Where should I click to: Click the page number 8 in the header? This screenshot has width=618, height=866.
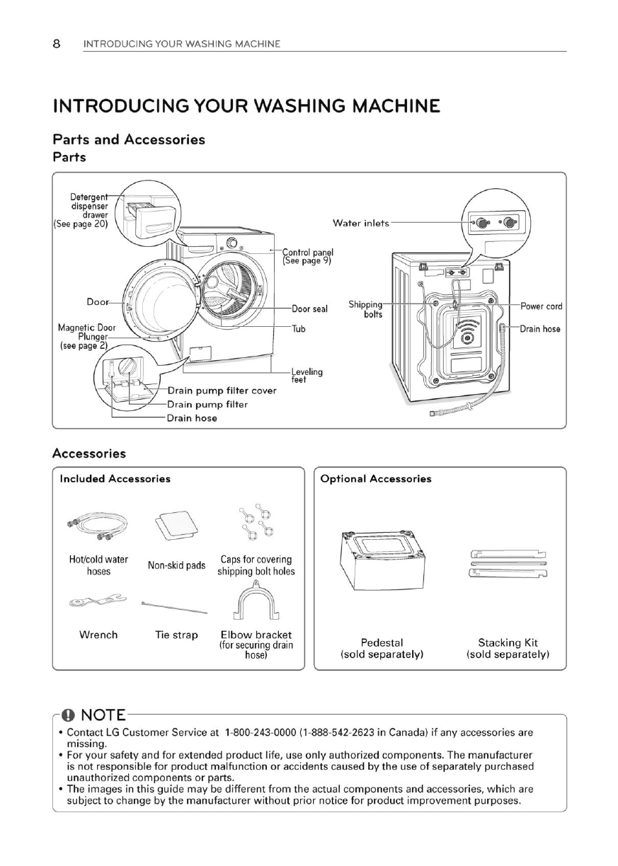click(x=57, y=44)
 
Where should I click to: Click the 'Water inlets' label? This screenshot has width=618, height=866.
click(x=361, y=224)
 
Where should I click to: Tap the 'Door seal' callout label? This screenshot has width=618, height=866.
click(x=309, y=309)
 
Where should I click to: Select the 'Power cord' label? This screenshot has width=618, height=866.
click(x=542, y=306)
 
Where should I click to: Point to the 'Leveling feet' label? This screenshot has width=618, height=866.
click(x=307, y=375)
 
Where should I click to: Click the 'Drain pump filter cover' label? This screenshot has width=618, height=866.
click(x=222, y=391)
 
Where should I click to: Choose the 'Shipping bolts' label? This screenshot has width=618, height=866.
click(x=366, y=309)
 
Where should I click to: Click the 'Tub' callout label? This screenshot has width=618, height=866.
click(x=299, y=329)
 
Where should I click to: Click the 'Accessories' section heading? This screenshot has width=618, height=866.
click(x=89, y=454)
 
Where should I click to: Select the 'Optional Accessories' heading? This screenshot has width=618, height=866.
click(x=376, y=479)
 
